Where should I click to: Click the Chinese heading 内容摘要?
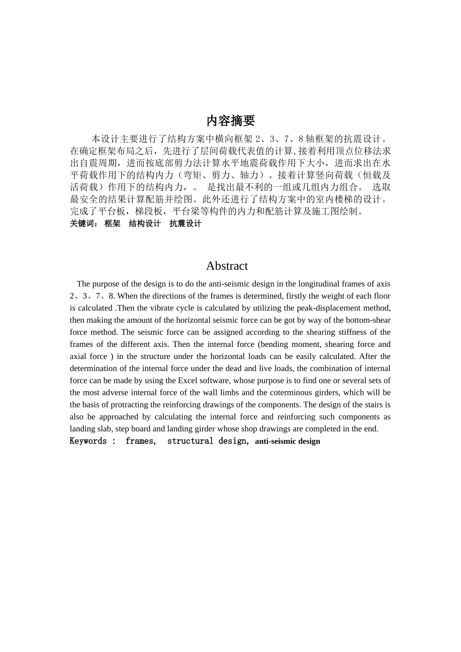(230, 120)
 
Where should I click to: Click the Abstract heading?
(227, 266)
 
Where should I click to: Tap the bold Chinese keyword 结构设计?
(145, 224)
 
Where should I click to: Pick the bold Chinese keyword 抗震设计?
(185, 224)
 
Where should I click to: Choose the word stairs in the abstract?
(370, 405)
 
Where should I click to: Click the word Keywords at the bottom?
(88, 441)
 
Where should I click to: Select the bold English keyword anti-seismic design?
(287, 441)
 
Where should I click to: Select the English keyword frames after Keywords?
(140, 441)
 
